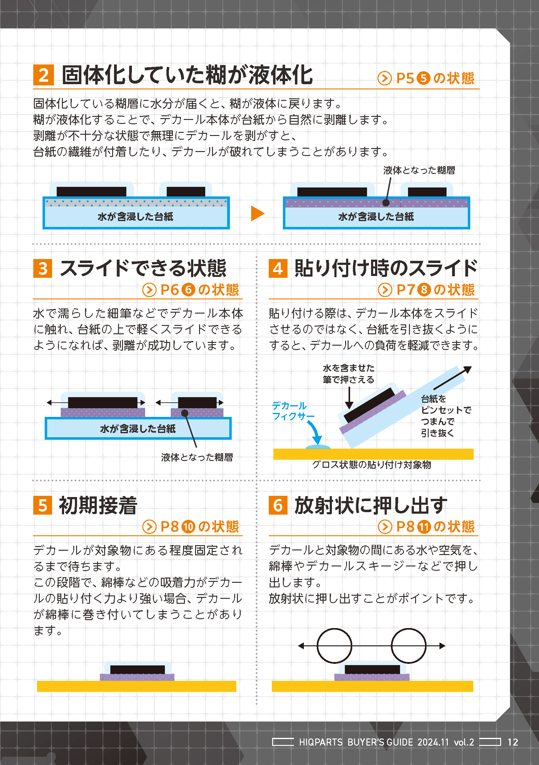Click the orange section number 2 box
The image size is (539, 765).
(43, 75)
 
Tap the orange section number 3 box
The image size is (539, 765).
(43, 269)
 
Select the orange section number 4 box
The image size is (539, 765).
(278, 269)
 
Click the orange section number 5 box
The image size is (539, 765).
(43, 505)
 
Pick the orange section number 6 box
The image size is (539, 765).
(278, 505)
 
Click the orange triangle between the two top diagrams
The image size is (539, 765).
(257, 213)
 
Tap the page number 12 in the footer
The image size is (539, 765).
(513, 742)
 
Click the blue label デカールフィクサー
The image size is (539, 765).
(293, 411)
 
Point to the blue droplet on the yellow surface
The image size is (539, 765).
(318, 447)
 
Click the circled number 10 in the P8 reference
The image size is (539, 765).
(188, 527)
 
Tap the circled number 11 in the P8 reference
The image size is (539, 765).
(424, 527)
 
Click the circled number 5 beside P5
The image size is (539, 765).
(423, 78)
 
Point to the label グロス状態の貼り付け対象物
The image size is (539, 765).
(372, 465)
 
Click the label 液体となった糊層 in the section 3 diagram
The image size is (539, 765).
(197, 457)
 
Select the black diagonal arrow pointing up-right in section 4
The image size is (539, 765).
(452, 378)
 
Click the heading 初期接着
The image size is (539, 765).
(98, 505)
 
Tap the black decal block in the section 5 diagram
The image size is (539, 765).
(137, 669)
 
